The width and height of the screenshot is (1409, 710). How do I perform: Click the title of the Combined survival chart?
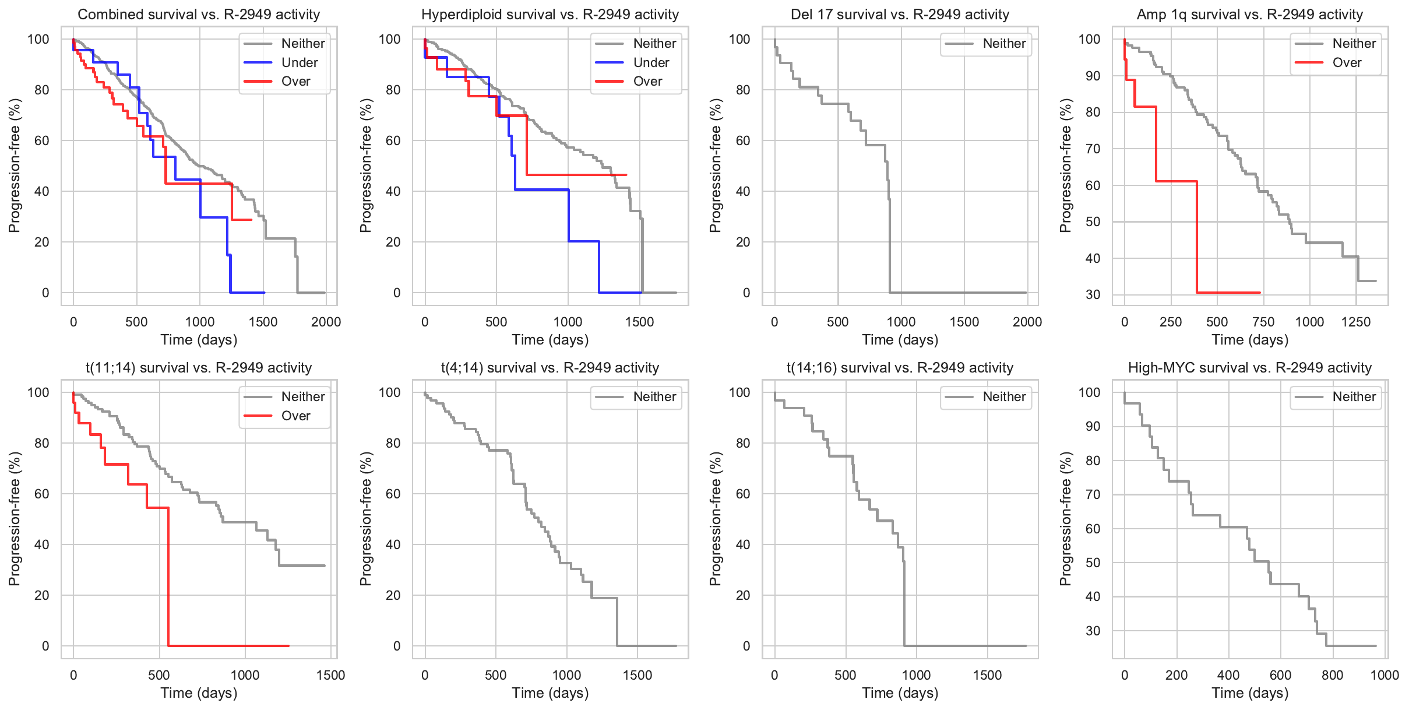click(x=199, y=15)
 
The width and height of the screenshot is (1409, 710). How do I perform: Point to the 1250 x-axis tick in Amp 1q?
click(x=1356, y=322)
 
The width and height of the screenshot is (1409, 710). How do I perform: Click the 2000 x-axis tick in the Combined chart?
click(x=326, y=322)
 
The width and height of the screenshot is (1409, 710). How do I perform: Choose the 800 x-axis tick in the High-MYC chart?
click(x=1333, y=675)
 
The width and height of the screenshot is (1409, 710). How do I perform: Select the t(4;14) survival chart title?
click(x=550, y=368)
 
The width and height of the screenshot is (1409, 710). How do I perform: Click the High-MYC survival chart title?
click(x=1250, y=368)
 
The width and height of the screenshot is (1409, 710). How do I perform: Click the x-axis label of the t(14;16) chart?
click(x=900, y=693)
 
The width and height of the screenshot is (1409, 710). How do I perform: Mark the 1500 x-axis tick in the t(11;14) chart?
click(x=330, y=675)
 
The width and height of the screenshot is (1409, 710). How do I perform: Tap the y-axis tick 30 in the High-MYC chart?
click(x=1093, y=631)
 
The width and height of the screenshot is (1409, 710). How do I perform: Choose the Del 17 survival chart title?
click(x=900, y=15)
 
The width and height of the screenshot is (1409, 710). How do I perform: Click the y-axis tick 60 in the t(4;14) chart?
click(x=393, y=494)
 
